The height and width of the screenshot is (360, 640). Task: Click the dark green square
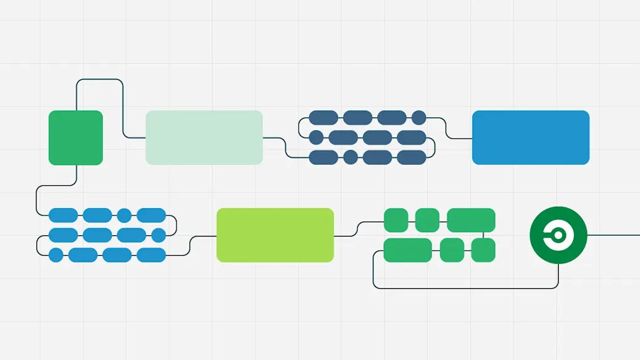click(x=75, y=138)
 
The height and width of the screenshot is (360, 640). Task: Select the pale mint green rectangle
click(x=204, y=138)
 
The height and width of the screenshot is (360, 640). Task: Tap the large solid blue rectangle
click(x=530, y=138)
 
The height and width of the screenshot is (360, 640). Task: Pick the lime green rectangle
click(x=275, y=235)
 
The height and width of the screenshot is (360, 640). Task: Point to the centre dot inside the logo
click(x=557, y=235)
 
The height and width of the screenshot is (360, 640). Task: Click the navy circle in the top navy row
click(x=419, y=117)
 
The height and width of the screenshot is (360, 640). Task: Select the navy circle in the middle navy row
click(x=315, y=137)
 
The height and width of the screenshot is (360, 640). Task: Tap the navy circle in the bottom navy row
click(x=350, y=157)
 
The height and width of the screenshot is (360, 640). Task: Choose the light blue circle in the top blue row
click(x=124, y=216)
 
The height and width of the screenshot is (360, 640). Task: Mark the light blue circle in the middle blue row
click(x=159, y=235)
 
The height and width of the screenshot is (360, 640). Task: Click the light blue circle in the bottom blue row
click(x=56, y=255)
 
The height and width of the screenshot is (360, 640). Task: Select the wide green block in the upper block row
click(x=471, y=220)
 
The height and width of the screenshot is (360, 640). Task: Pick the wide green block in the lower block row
click(x=407, y=250)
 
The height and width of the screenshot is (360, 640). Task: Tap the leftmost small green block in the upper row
click(x=396, y=220)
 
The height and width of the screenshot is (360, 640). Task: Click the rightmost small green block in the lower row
click(x=483, y=250)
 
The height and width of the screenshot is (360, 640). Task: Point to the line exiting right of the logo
click(x=614, y=235)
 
